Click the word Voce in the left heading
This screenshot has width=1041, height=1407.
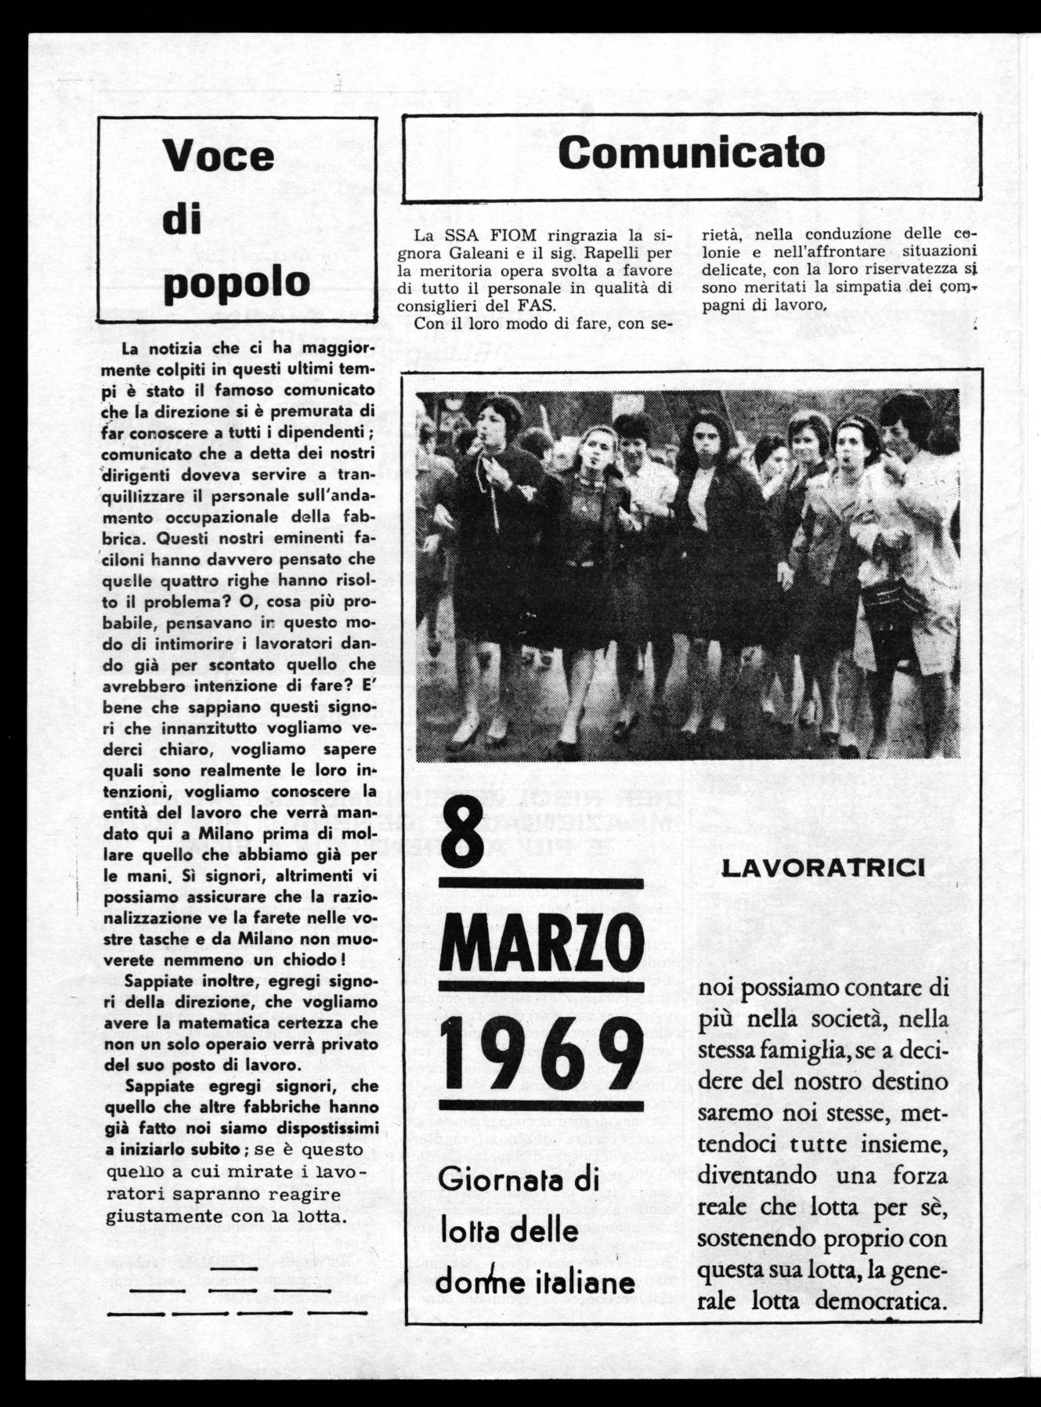coord(219,156)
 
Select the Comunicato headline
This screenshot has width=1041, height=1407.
coord(692,153)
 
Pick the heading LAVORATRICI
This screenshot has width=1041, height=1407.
coord(822,867)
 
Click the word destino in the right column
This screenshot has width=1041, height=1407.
coord(909,1082)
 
